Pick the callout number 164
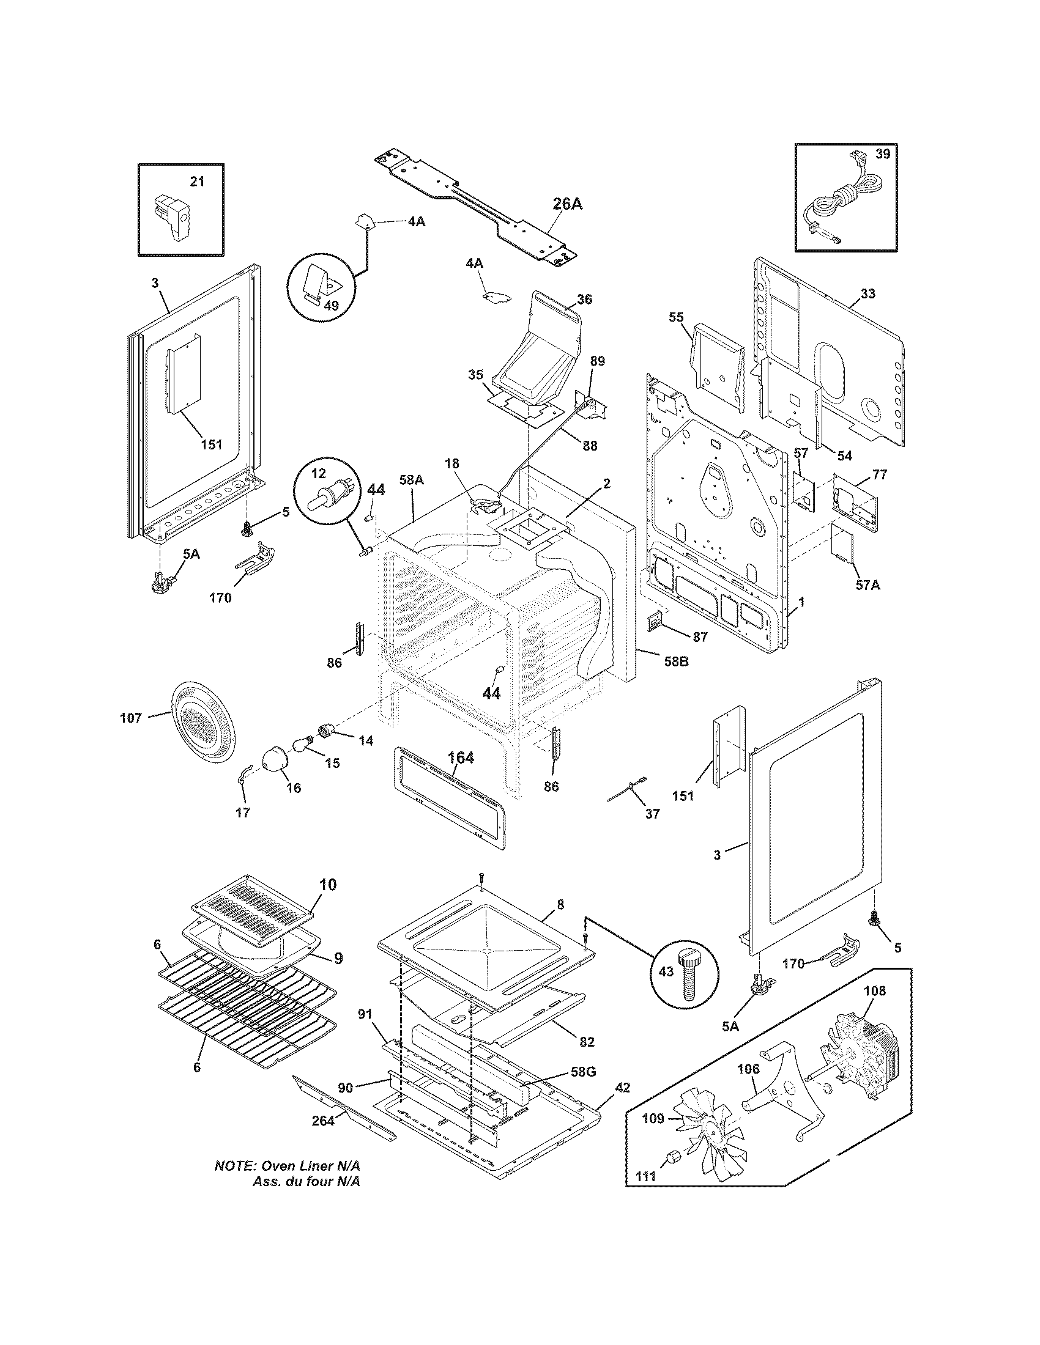(x=460, y=758)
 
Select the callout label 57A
(x=867, y=585)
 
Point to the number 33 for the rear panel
(x=867, y=295)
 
